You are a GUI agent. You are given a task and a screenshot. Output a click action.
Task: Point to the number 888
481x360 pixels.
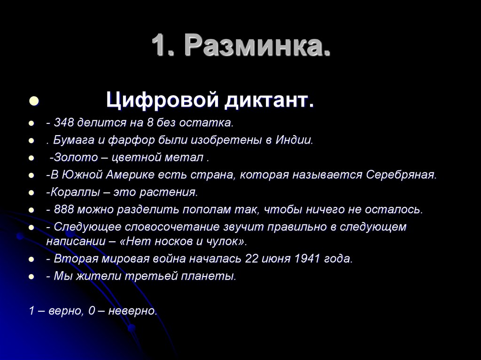click(63, 209)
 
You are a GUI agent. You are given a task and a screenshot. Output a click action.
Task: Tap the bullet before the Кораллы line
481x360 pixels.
click(31, 193)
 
